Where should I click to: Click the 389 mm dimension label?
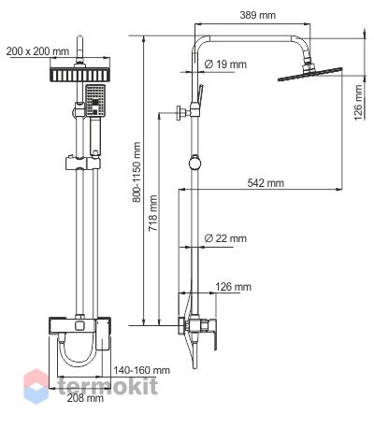tap(258, 15)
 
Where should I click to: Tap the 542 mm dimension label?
tap(266, 183)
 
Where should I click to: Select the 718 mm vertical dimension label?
tap(153, 213)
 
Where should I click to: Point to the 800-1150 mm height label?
tap(137, 172)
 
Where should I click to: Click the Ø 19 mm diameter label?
tap(225, 64)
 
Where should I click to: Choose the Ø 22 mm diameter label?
tap(225, 238)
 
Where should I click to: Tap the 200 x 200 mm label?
tap(37, 51)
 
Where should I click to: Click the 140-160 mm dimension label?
tap(141, 370)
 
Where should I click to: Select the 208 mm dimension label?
tap(85, 398)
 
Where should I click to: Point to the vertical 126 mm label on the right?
tap(358, 103)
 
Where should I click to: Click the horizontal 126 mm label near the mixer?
tap(233, 287)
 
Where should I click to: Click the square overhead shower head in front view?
tap(79, 75)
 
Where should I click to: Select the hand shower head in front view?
tap(95, 101)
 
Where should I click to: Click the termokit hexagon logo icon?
tap(36, 386)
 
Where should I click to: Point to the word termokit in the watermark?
tap(108, 386)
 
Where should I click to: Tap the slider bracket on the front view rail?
tap(83, 163)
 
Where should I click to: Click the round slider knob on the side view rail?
tap(194, 163)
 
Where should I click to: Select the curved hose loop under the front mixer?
tap(78, 352)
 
